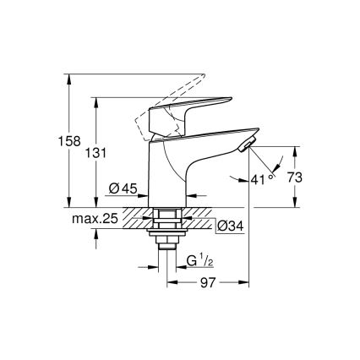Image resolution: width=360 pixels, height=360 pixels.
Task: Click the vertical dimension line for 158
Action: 66,139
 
